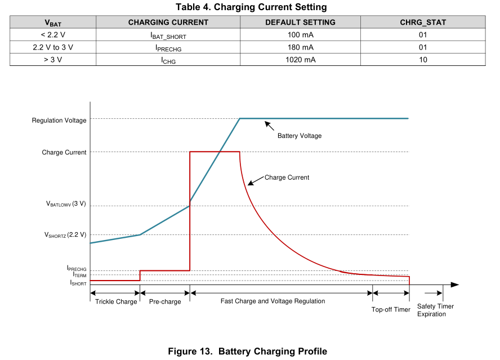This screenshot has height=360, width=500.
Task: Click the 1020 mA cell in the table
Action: point(301,60)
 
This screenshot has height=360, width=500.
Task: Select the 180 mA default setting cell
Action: point(301,47)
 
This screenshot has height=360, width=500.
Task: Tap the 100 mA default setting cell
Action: point(301,35)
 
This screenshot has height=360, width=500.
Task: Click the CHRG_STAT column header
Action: point(423,23)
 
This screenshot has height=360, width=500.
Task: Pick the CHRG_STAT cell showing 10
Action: point(423,60)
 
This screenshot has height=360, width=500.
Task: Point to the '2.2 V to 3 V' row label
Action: point(53,47)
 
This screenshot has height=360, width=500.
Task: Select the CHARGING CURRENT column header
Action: point(168,23)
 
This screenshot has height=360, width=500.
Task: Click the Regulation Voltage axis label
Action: point(59,121)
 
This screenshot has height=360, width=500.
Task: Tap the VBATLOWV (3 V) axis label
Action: point(66,204)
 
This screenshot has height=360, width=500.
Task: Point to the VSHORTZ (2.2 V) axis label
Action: point(65,234)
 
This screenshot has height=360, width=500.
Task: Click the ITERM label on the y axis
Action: point(79,275)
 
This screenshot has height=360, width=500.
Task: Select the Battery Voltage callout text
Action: point(300,136)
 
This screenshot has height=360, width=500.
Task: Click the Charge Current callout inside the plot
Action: point(287,177)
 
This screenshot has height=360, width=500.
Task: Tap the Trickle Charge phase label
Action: point(115,302)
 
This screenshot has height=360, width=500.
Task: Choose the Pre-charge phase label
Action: point(165,302)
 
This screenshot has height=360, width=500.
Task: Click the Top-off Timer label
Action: point(391,309)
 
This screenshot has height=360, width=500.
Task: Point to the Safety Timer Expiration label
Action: point(435,310)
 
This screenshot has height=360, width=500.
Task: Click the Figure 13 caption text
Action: point(247,352)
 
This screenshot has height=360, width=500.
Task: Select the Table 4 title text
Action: point(251,7)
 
